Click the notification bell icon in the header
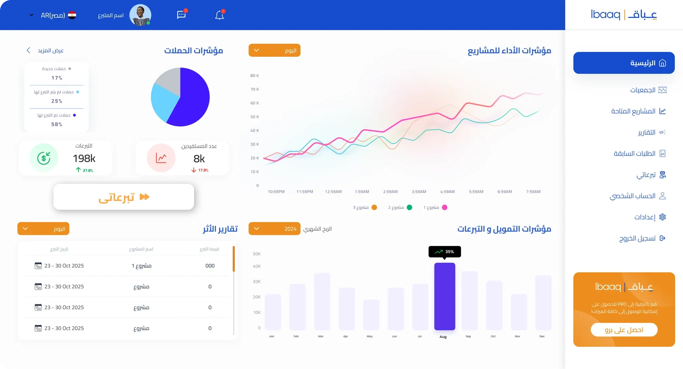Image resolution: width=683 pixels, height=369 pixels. [x=219, y=15]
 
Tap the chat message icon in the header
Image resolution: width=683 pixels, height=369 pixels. [x=181, y=15]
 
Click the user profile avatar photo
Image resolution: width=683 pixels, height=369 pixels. [x=140, y=15]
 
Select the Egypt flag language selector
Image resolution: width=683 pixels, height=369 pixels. [x=72, y=15]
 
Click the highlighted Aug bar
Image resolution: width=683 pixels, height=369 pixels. [x=445, y=296]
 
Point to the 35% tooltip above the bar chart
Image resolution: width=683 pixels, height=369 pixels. [x=445, y=252]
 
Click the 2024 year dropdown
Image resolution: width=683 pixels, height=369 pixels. [x=274, y=229]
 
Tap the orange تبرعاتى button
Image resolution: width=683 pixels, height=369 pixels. [x=124, y=197]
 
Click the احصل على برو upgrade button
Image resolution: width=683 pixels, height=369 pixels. [x=624, y=330]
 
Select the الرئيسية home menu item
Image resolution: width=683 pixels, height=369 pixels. [x=624, y=63]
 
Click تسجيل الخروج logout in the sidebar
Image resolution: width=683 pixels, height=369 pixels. [x=642, y=238]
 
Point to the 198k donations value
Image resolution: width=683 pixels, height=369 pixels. [x=84, y=158]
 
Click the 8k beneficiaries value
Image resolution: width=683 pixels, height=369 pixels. [x=199, y=158]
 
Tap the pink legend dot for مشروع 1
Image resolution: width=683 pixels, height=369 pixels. [x=445, y=207]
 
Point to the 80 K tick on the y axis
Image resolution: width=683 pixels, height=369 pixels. [x=254, y=76]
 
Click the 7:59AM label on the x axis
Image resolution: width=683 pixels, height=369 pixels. [x=533, y=192]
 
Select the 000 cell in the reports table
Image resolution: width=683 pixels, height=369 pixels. [x=210, y=266]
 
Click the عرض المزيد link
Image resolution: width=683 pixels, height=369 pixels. [x=45, y=50]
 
